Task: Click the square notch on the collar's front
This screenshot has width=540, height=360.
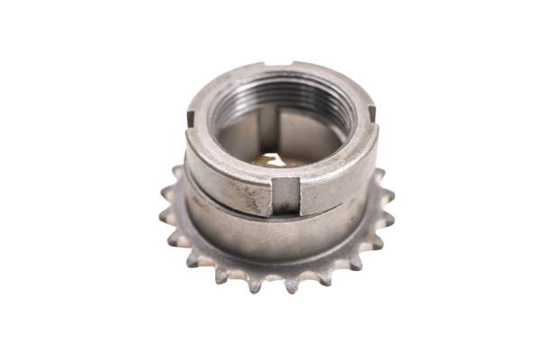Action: [285, 193]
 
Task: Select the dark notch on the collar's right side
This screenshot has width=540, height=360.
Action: [372, 114]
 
